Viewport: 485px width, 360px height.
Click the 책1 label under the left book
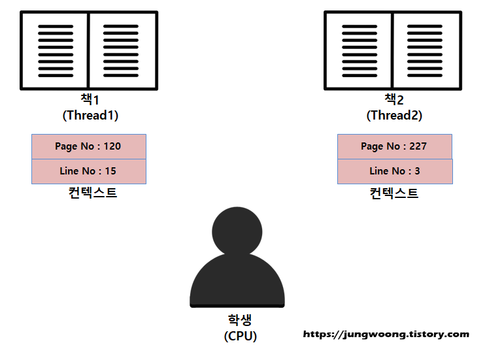[x=89, y=100]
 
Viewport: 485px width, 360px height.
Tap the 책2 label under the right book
[x=393, y=100]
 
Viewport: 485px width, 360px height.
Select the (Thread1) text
[x=90, y=115]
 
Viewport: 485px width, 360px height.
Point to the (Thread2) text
[x=394, y=115]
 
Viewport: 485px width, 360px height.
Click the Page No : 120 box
[x=89, y=146]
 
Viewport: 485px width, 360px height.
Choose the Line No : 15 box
[x=89, y=171]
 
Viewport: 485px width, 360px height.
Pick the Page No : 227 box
[x=394, y=146]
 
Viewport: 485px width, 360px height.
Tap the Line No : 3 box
[x=394, y=171]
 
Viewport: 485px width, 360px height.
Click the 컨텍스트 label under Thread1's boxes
[x=92, y=193]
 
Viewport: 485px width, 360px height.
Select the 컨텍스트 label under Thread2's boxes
[x=393, y=193]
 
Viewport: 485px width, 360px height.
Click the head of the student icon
[x=237, y=230]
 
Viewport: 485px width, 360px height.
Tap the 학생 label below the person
[x=240, y=320]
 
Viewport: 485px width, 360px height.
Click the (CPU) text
[x=240, y=336]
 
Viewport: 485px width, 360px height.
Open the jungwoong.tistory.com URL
[x=386, y=334]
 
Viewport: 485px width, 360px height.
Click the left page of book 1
[x=56, y=50]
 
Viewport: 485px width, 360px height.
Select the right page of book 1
[x=122, y=50]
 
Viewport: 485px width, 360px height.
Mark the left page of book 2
[x=359, y=50]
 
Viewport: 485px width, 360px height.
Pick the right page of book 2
[x=426, y=50]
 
